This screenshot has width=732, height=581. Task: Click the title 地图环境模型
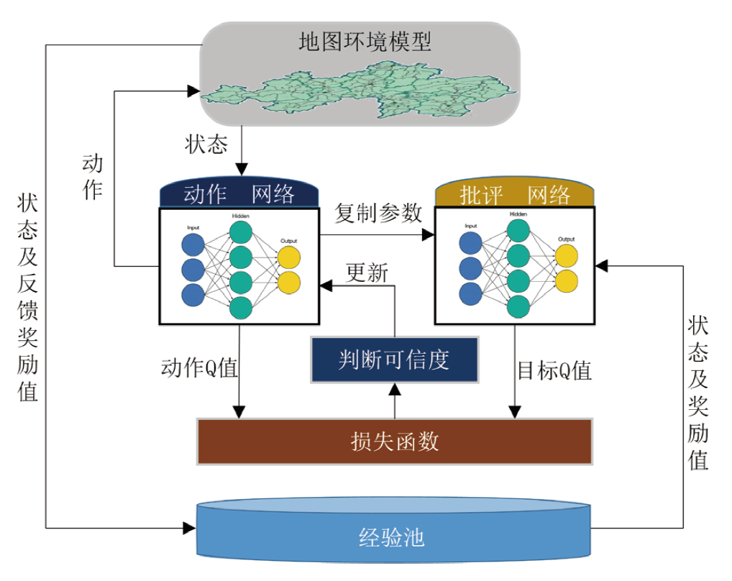tap(365, 42)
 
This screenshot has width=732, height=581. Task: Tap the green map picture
tap(360, 93)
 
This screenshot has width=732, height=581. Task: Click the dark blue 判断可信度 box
tap(394, 359)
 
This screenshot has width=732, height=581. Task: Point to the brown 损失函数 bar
tap(394, 441)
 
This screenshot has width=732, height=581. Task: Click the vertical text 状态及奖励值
tap(698, 393)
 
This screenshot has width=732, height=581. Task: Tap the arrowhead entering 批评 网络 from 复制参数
tap(430, 234)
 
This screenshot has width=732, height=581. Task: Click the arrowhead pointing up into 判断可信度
tap(394, 389)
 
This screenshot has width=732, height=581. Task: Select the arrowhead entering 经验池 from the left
tap(190, 529)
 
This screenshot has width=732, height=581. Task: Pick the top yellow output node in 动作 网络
tap(289, 257)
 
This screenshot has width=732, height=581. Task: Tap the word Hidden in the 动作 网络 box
tap(240, 216)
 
